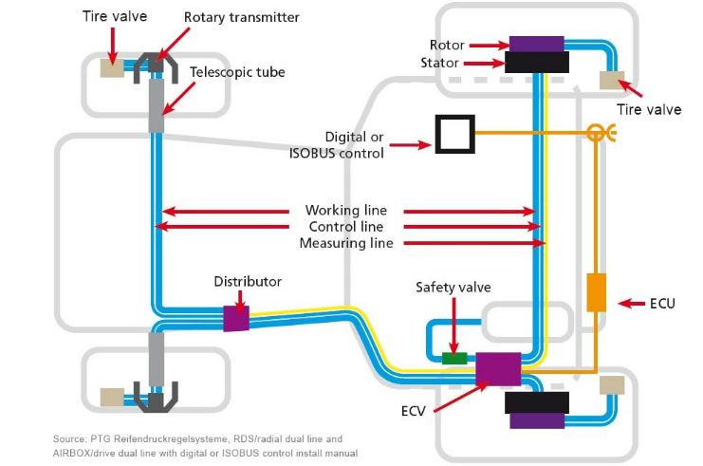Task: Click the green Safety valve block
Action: [454, 358]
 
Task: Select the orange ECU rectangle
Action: [596, 292]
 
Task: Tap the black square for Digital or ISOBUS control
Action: [453, 134]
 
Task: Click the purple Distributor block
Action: [235, 318]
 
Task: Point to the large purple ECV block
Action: [498, 367]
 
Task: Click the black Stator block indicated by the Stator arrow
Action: [537, 63]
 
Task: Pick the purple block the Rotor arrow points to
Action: [537, 43]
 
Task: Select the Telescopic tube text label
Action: [237, 71]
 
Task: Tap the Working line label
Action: [346, 210]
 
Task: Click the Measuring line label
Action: [346, 243]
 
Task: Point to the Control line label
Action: [346, 227]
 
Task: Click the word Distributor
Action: [248, 282]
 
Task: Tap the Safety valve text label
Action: [454, 286]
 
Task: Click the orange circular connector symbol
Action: [596, 134]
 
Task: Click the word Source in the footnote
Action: [72, 438]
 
